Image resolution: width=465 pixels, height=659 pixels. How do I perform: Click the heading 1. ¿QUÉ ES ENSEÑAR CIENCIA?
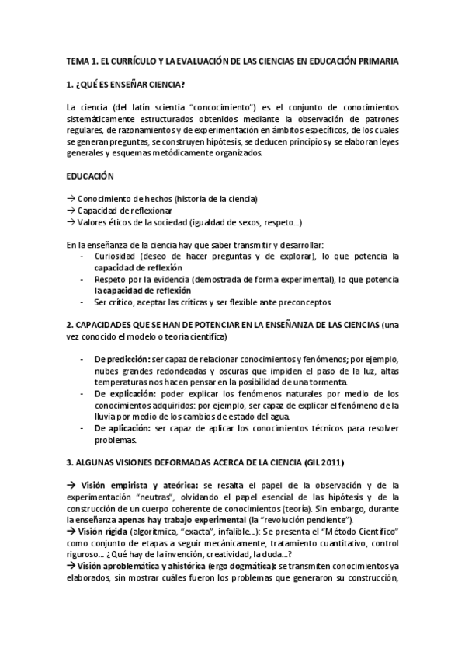click(126, 84)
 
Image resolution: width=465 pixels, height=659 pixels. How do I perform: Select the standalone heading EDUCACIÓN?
click(90, 176)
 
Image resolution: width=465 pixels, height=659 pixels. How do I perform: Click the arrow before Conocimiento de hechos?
click(71, 199)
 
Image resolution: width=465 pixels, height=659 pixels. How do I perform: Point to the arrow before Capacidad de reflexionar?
click(71, 211)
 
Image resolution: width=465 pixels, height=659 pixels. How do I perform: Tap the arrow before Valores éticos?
click(71, 222)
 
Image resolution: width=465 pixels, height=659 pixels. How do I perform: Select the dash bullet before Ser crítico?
click(83, 302)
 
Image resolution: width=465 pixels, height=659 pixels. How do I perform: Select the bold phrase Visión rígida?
click(106, 531)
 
